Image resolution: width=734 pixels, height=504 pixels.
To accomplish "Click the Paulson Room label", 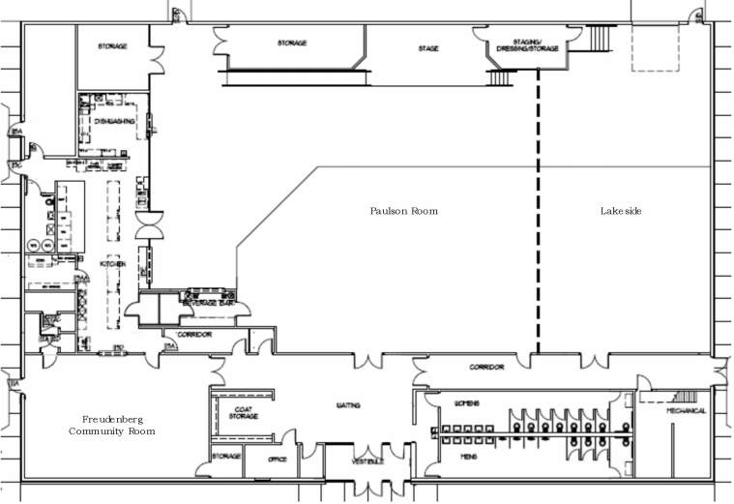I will [x=404, y=211].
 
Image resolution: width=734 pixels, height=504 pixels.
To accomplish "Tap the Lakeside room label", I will [x=621, y=211].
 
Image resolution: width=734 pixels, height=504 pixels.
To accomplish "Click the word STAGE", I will [x=428, y=46].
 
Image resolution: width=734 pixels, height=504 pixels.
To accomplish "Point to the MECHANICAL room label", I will [x=686, y=411].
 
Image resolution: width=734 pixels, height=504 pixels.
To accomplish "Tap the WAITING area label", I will [x=349, y=406].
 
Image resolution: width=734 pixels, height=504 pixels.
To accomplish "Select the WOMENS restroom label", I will [x=467, y=402].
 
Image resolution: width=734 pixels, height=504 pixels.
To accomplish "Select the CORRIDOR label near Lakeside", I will [x=486, y=368].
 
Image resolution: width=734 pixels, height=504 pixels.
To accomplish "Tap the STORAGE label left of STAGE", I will [x=292, y=44].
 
